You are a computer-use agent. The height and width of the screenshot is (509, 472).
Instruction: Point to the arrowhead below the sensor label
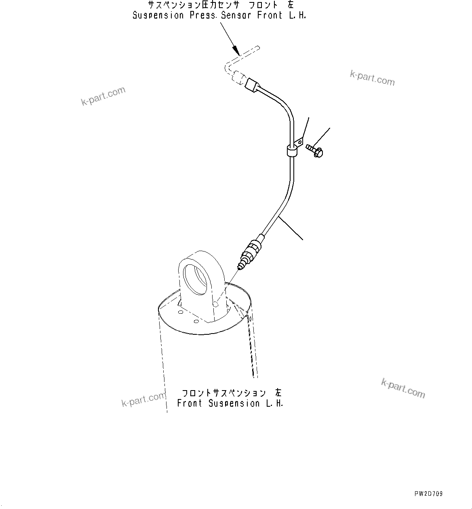point(235,50)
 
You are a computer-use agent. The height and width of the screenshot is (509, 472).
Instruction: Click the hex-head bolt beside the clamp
point(315,150)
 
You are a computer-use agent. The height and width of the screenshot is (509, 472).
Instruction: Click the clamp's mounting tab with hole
point(299,142)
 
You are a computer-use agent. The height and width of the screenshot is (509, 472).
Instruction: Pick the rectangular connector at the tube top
point(251,84)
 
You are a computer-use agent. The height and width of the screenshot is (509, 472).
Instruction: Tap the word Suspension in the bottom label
point(234,403)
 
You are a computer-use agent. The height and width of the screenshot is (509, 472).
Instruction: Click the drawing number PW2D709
point(428,494)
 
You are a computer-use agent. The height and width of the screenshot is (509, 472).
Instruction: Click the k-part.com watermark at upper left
point(103,96)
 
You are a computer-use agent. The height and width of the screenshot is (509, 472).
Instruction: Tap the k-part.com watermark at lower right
point(403,388)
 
